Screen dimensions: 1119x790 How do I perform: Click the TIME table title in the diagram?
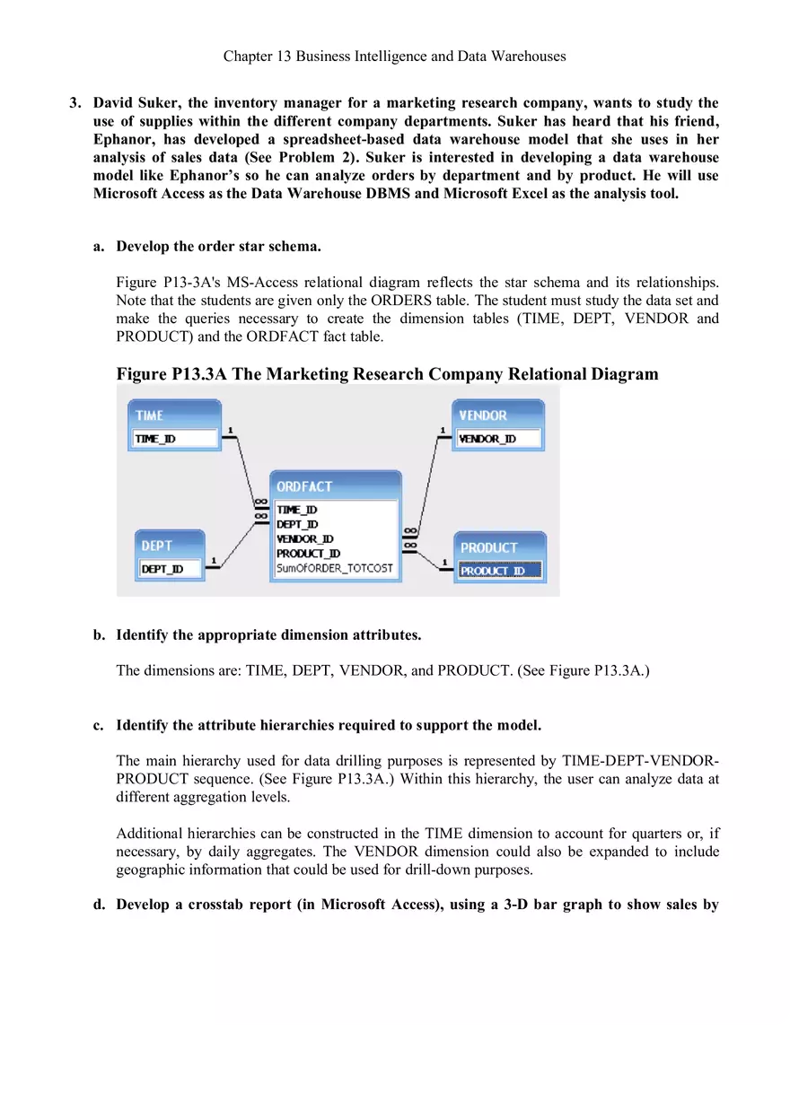(150, 415)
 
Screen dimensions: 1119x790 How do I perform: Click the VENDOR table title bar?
(483, 415)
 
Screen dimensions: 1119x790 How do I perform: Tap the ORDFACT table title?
(304, 486)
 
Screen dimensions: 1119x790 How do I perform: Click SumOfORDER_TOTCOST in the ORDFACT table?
(334, 568)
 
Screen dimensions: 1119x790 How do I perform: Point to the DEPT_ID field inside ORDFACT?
(296, 524)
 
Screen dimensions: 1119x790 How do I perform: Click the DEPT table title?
(156, 546)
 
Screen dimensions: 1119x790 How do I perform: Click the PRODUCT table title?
(489, 547)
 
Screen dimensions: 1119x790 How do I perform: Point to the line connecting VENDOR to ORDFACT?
(429, 480)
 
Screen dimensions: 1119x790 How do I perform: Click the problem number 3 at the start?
(75, 103)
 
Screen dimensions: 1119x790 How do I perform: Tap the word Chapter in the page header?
(249, 56)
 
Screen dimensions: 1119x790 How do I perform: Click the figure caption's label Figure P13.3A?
(171, 374)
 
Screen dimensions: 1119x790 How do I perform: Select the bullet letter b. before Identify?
(99, 635)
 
